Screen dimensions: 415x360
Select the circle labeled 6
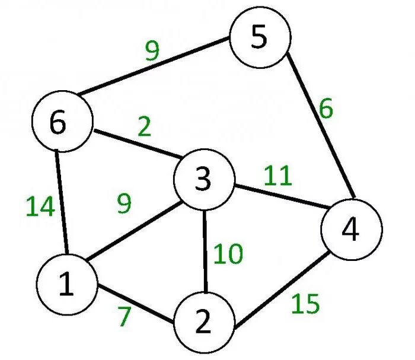pos(61,123)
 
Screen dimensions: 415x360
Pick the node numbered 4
pos(351,230)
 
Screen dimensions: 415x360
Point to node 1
pos(66,286)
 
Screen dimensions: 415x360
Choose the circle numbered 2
pos(203,323)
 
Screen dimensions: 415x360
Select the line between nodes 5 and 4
pos(320,128)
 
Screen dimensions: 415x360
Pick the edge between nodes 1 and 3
pos(133,232)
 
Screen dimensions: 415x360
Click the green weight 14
pos(40,208)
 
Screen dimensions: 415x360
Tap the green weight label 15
pos(305,305)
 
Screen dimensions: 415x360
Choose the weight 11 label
pos(278,176)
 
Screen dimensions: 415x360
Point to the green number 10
pos(228,254)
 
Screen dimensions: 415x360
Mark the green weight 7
pos(123,317)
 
